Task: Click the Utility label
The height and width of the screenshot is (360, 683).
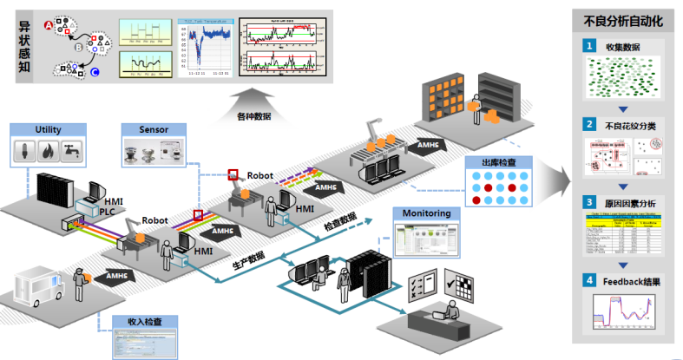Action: [x=49, y=129]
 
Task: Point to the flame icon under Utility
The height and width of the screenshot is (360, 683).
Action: [x=49, y=152]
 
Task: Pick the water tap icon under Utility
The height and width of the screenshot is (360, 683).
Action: [x=70, y=152]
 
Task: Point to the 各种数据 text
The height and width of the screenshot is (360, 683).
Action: [x=253, y=115]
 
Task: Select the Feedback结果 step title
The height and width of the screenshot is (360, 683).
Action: [x=634, y=280]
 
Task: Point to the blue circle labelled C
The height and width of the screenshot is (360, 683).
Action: [x=95, y=72]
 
